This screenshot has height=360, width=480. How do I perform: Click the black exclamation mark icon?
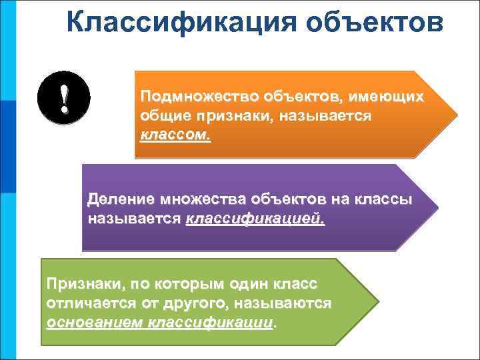pos(64,99)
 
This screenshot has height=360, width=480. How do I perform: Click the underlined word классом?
pos(175,135)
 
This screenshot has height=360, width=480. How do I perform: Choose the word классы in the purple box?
pos(387,199)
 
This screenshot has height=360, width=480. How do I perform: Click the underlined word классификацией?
pos(255,218)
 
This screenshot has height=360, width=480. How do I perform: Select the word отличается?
pos(88,304)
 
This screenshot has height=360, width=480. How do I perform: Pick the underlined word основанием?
pos(95,323)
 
